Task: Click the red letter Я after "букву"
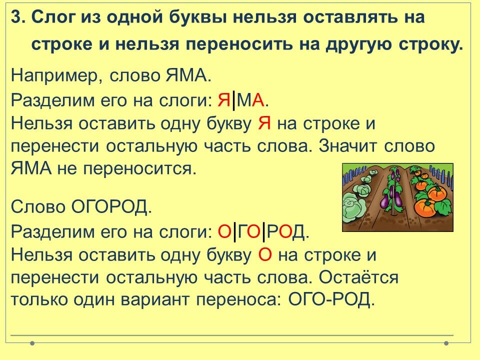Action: (x=264, y=123)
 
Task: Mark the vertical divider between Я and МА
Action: (x=234, y=100)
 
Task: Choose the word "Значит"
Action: (x=348, y=146)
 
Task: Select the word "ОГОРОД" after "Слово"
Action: (x=111, y=207)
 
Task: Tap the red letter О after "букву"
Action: (x=265, y=254)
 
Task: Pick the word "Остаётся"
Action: (x=359, y=277)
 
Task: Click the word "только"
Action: (x=38, y=299)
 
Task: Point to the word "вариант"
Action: (x=155, y=299)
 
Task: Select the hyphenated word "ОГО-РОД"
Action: (x=331, y=299)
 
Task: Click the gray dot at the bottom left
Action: (x=32, y=343)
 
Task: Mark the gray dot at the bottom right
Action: (x=446, y=343)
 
